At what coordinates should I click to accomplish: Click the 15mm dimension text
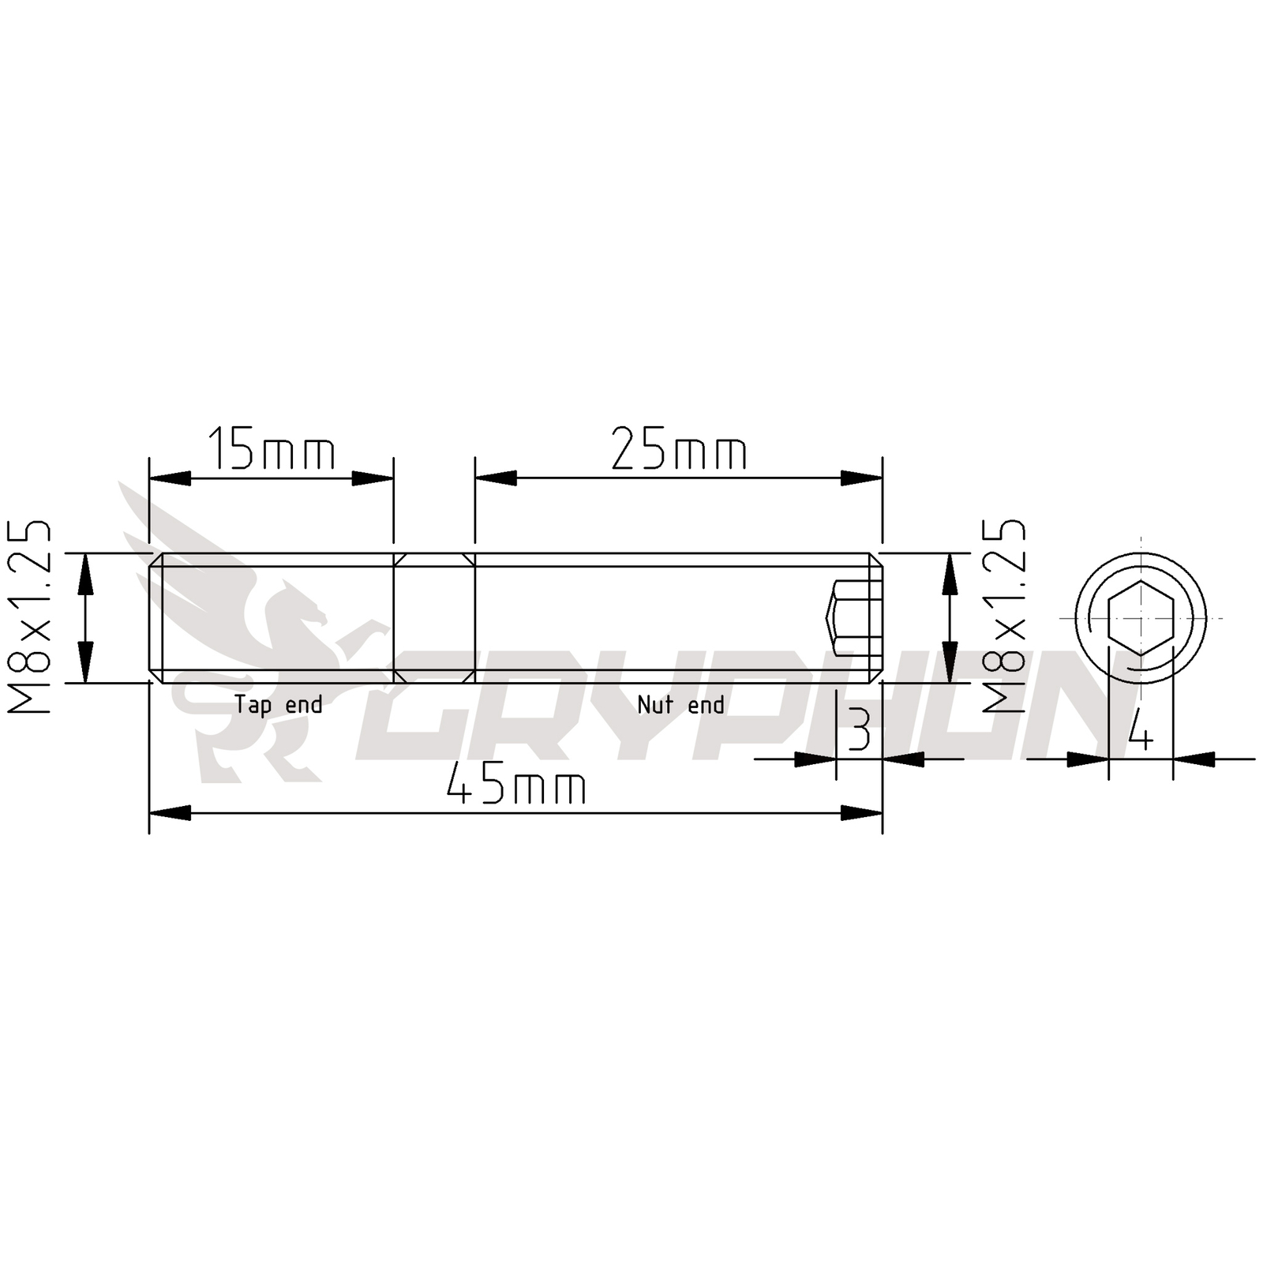click(271, 449)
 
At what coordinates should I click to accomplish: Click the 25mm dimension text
click(679, 449)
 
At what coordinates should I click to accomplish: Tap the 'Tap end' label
click(278, 704)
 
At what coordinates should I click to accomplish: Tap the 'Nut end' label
click(680, 704)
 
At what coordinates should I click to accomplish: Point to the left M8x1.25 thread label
click(30, 617)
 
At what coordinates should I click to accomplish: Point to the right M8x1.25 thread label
click(1003, 617)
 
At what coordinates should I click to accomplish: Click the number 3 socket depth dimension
click(859, 730)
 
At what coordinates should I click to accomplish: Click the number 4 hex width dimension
click(1140, 730)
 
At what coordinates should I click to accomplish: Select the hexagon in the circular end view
click(1141, 618)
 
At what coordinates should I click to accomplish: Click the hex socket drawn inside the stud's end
click(853, 618)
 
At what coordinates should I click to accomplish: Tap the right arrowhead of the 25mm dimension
click(862, 478)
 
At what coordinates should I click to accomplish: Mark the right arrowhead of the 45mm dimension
click(862, 813)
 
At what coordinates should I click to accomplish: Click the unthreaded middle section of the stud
click(434, 618)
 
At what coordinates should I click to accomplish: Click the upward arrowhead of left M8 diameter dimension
click(85, 573)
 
